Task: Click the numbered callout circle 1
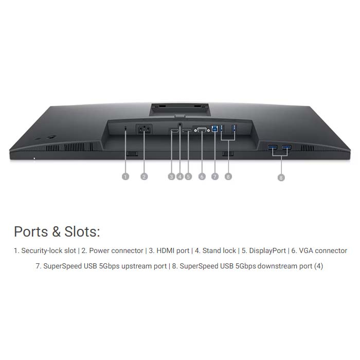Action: click(x=125, y=176)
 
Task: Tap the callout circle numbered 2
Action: click(x=144, y=176)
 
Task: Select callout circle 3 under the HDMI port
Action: click(x=171, y=176)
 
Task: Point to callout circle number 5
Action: click(x=188, y=176)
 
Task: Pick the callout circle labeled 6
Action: click(x=202, y=176)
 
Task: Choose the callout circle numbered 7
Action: click(x=215, y=176)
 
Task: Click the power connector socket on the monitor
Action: click(x=143, y=130)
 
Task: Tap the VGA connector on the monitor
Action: click(x=202, y=131)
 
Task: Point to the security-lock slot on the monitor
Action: click(x=126, y=128)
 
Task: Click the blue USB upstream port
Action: click(x=214, y=130)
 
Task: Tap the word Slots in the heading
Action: click(x=81, y=231)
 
